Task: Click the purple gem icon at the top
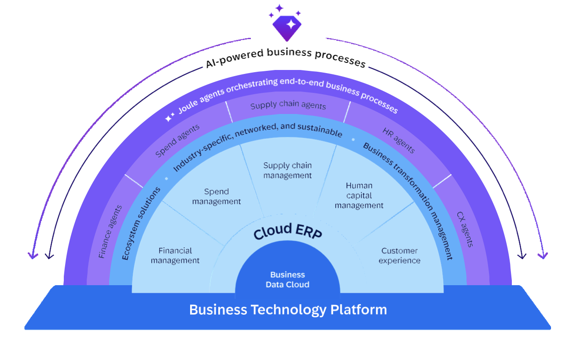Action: [x=287, y=26]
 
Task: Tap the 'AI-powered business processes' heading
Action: [x=286, y=57]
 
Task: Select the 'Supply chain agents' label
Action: [x=288, y=106]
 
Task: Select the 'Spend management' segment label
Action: [x=217, y=196]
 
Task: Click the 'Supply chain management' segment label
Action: [x=287, y=170]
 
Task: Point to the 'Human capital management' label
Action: [x=359, y=195]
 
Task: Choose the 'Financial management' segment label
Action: [x=175, y=256]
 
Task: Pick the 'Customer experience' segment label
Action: [x=400, y=256]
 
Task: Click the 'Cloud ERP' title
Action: [x=288, y=231]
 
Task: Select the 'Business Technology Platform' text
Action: [x=288, y=309]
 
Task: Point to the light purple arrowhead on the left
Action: [x=32, y=255]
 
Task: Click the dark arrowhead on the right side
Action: [x=523, y=255]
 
